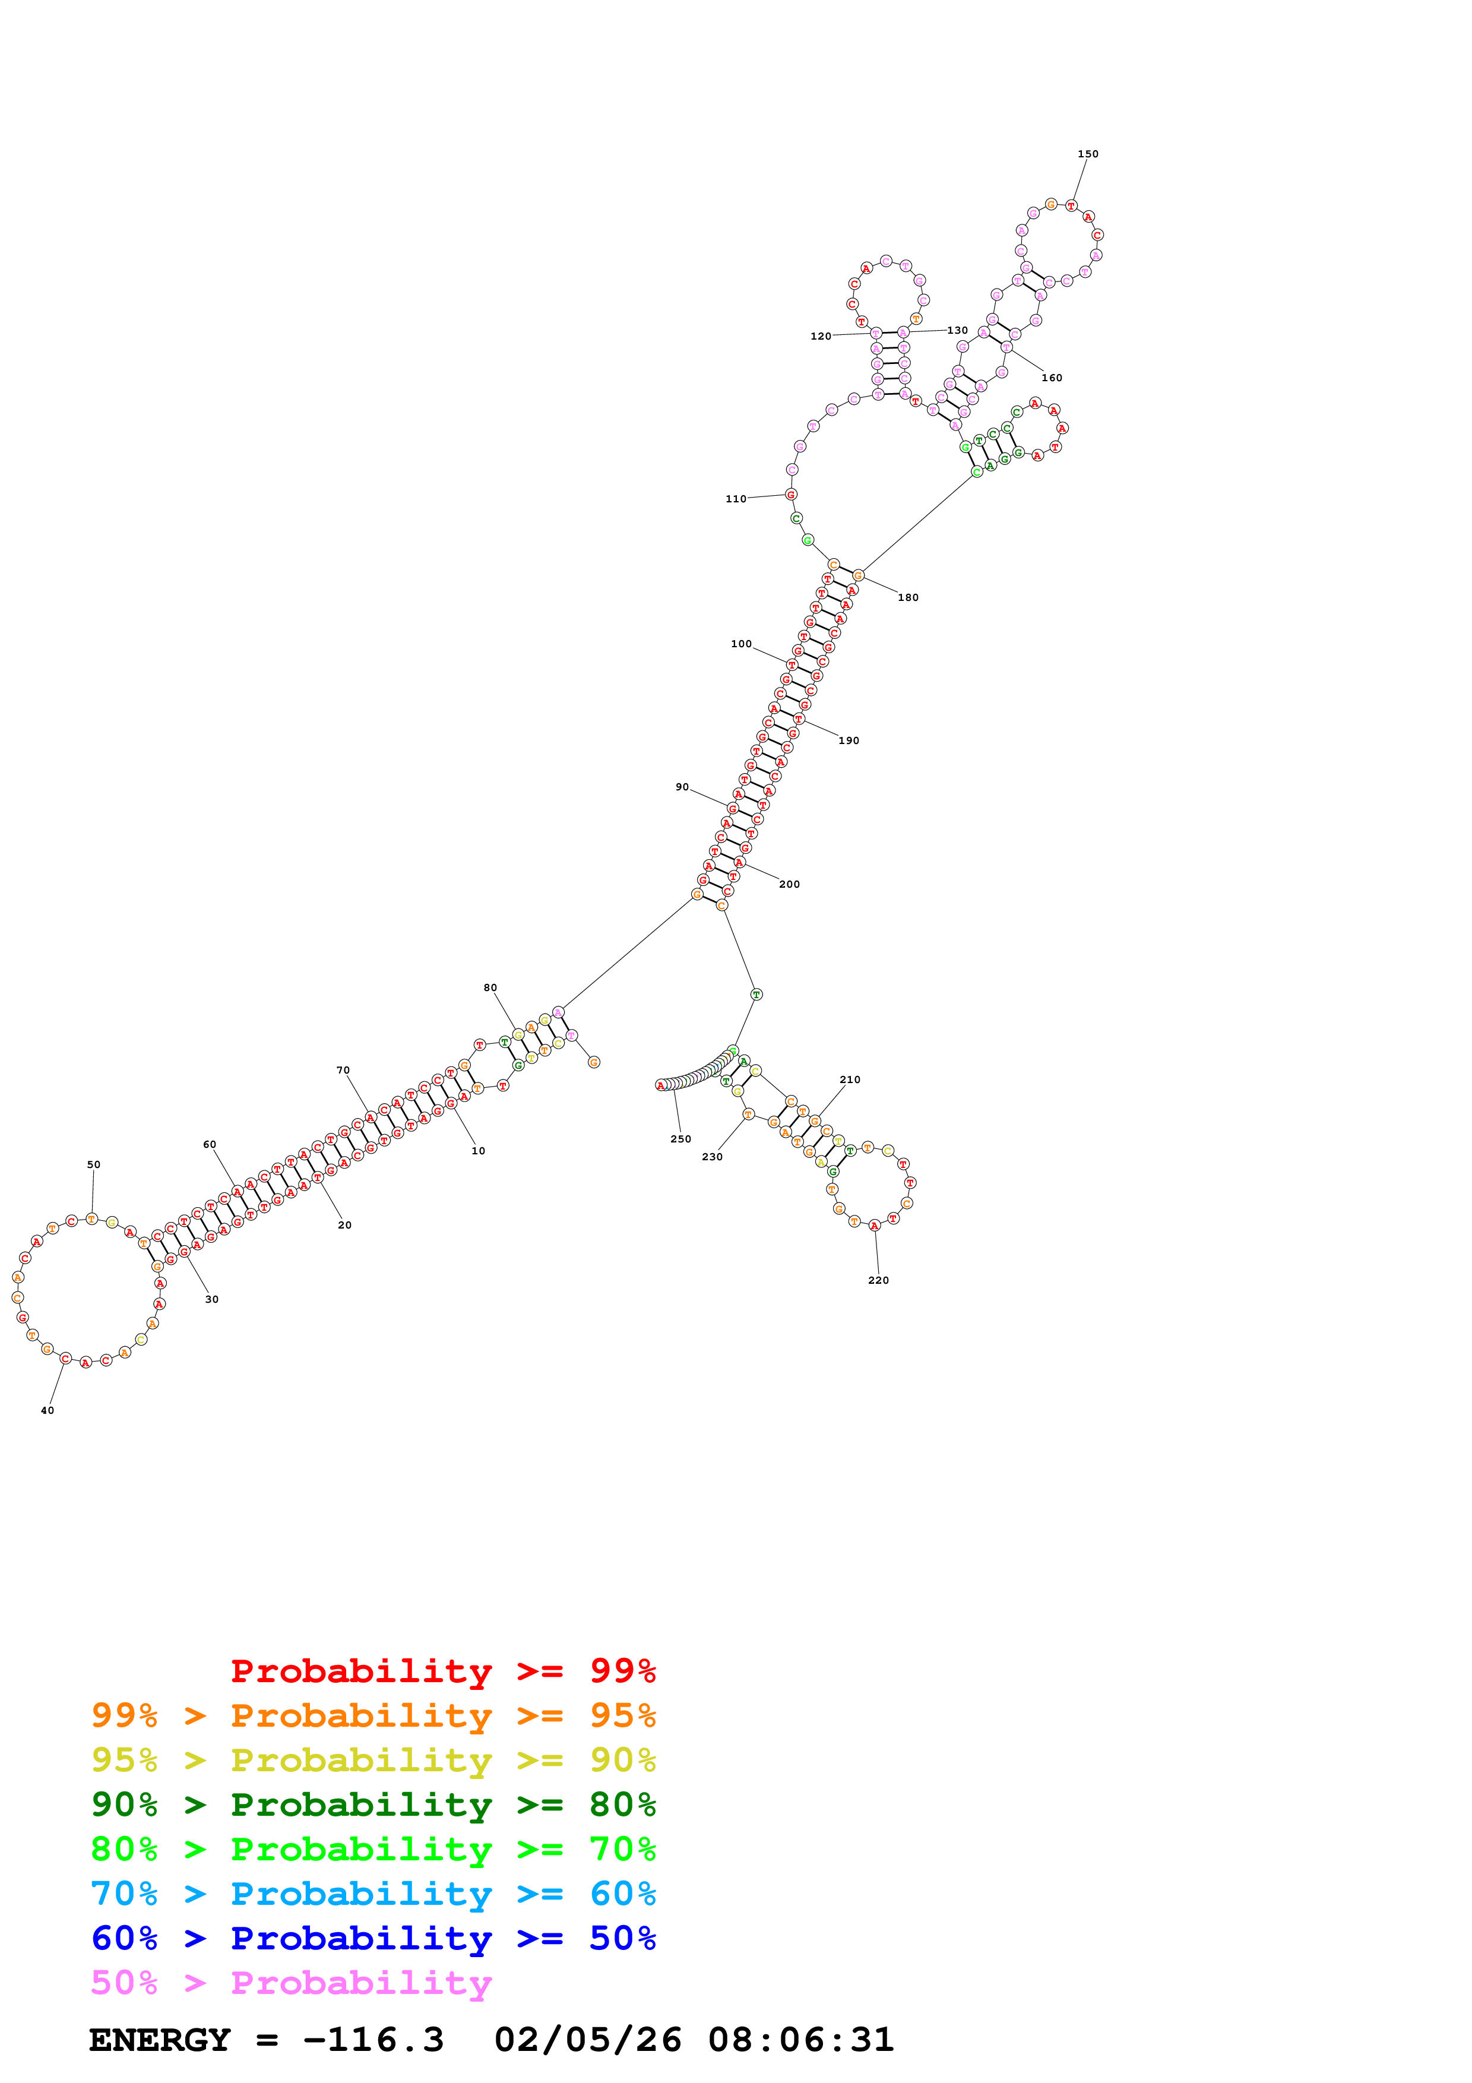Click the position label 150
point(1087,154)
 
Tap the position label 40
point(47,1410)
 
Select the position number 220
point(878,1280)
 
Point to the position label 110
point(736,499)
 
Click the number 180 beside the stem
point(908,598)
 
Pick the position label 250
point(680,1138)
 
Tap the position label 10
point(478,1150)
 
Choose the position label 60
point(210,1144)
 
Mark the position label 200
point(789,885)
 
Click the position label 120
point(821,337)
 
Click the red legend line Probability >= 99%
point(442,1671)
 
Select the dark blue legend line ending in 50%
point(373,1938)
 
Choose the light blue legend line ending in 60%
point(373,1894)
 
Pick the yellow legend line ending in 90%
point(373,1760)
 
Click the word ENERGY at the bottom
point(160,2040)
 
